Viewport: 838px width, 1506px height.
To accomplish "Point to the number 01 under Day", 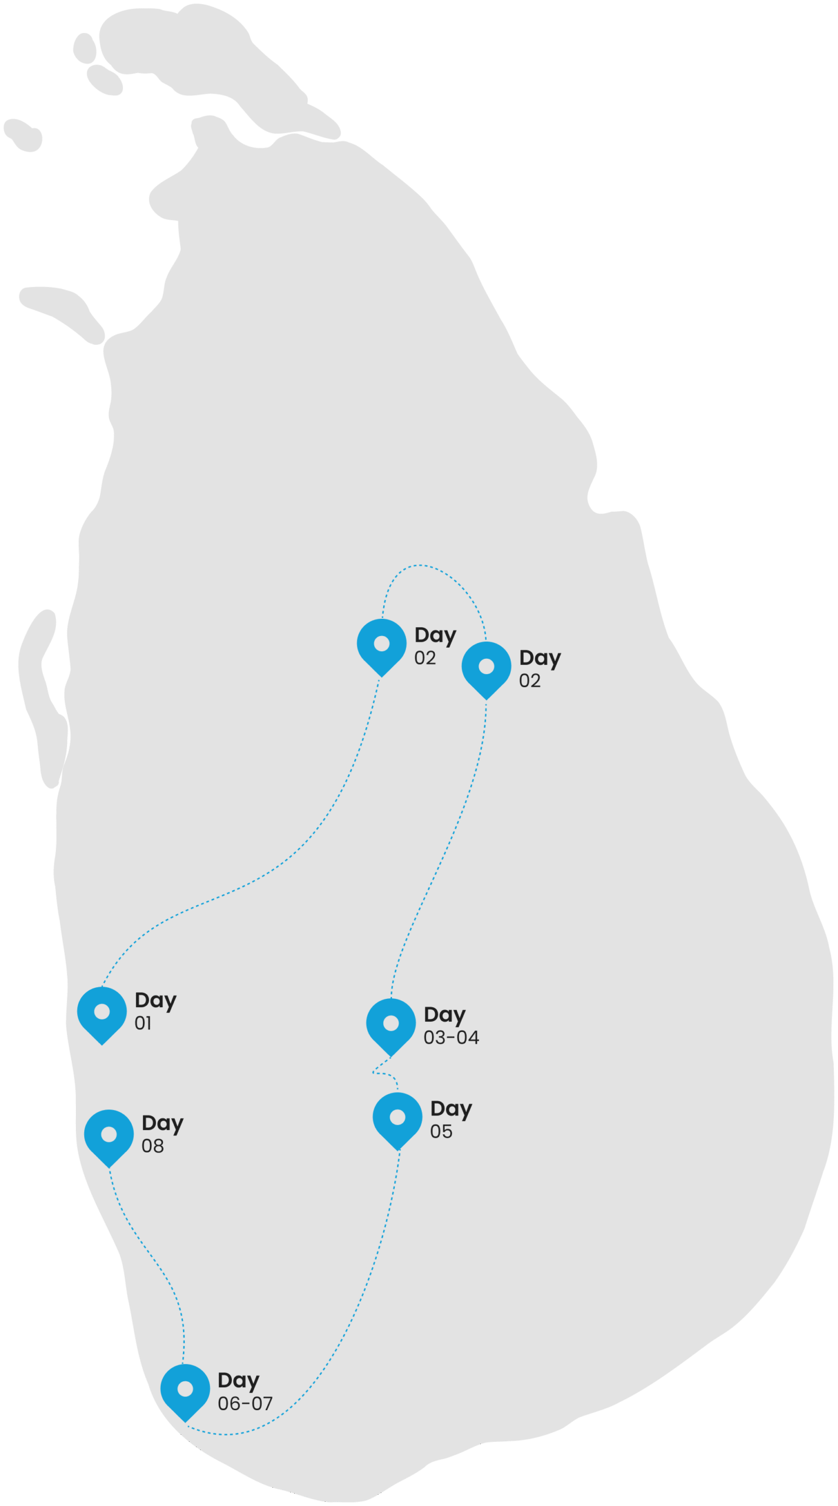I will click(143, 1024).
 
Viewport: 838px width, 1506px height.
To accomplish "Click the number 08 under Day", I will click(152, 1146).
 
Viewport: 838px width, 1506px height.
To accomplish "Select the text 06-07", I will click(245, 1404).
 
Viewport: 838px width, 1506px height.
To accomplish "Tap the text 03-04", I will click(451, 1038).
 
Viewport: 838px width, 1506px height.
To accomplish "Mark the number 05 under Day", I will click(441, 1131).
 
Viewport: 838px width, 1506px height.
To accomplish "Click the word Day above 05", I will click(451, 1109).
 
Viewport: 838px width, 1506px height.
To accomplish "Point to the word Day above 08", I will click(162, 1124).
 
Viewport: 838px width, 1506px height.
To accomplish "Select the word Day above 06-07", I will click(238, 1381).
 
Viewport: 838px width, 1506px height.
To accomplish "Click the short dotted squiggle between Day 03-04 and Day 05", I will click(383, 1073).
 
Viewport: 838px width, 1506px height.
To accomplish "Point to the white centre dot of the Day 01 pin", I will click(102, 1011).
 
